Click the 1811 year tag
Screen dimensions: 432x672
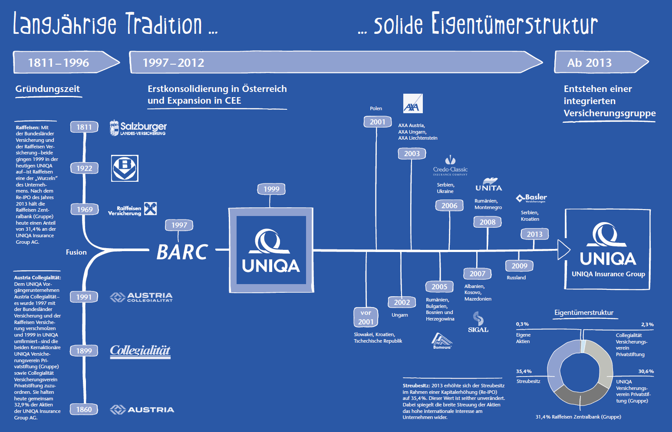(x=84, y=127)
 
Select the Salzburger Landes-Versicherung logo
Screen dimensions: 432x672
(x=138, y=128)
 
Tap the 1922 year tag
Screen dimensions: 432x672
(x=84, y=168)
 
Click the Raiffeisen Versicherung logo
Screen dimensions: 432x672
(x=132, y=209)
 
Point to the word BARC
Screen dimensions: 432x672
(x=182, y=252)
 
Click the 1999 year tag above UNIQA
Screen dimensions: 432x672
(x=271, y=189)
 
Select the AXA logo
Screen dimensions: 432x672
(x=412, y=104)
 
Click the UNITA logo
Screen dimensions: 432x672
(x=489, y=185)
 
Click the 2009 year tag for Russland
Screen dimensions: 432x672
(x=519, y=266)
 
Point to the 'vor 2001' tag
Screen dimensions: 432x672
(x=366, y=317)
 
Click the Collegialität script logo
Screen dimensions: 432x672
(x=140, y=351)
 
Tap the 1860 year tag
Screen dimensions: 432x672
(x=84, y=409)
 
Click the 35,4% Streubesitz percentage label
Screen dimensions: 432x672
(x=524, y=371)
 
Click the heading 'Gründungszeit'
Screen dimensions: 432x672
(x=48, y=89)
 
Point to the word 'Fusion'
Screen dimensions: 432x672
(x=76, y=252)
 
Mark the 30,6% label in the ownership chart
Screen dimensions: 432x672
(x=646, y=371)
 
